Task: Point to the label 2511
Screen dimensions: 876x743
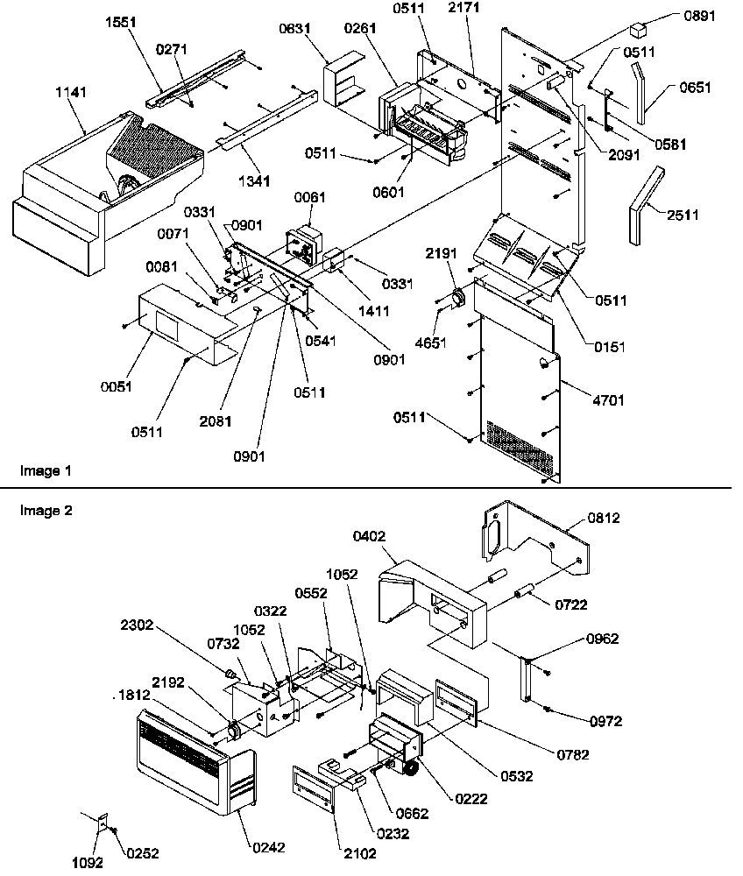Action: pyautogui.click(x=683, y=215)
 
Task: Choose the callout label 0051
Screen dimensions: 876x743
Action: pyautogui.click(x=117, y=387)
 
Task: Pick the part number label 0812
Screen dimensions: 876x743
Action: pyautogui.click(x=604, y=518)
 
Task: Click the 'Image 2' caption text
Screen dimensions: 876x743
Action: pyautogui.click(x=45, y=510)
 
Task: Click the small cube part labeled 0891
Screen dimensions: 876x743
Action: pyautogui.click(x=637, y=32)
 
